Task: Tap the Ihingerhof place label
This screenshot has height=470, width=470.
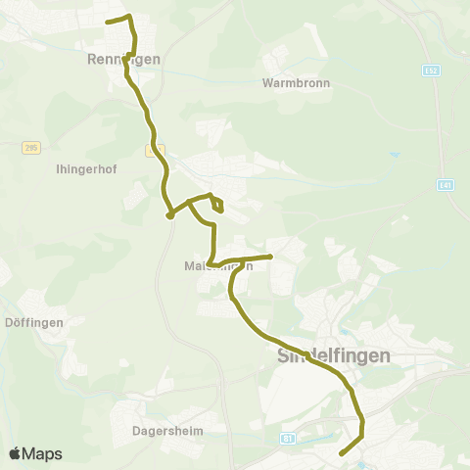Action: click(x=87, y=167)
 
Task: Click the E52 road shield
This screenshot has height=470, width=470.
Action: click(x=431, y=70)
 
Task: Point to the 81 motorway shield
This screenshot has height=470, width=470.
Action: click(x=287, y=438)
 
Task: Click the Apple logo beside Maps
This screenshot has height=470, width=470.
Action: click(x=16, y=454)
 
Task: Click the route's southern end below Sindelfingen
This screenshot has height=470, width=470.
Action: click(x=341, y=454)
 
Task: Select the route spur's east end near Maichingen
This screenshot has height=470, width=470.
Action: click(x=270, y=257)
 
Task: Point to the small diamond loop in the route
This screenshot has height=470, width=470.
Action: click(x=217, y=203)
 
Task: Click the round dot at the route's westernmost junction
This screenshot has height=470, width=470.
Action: click(x=169, y=215)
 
